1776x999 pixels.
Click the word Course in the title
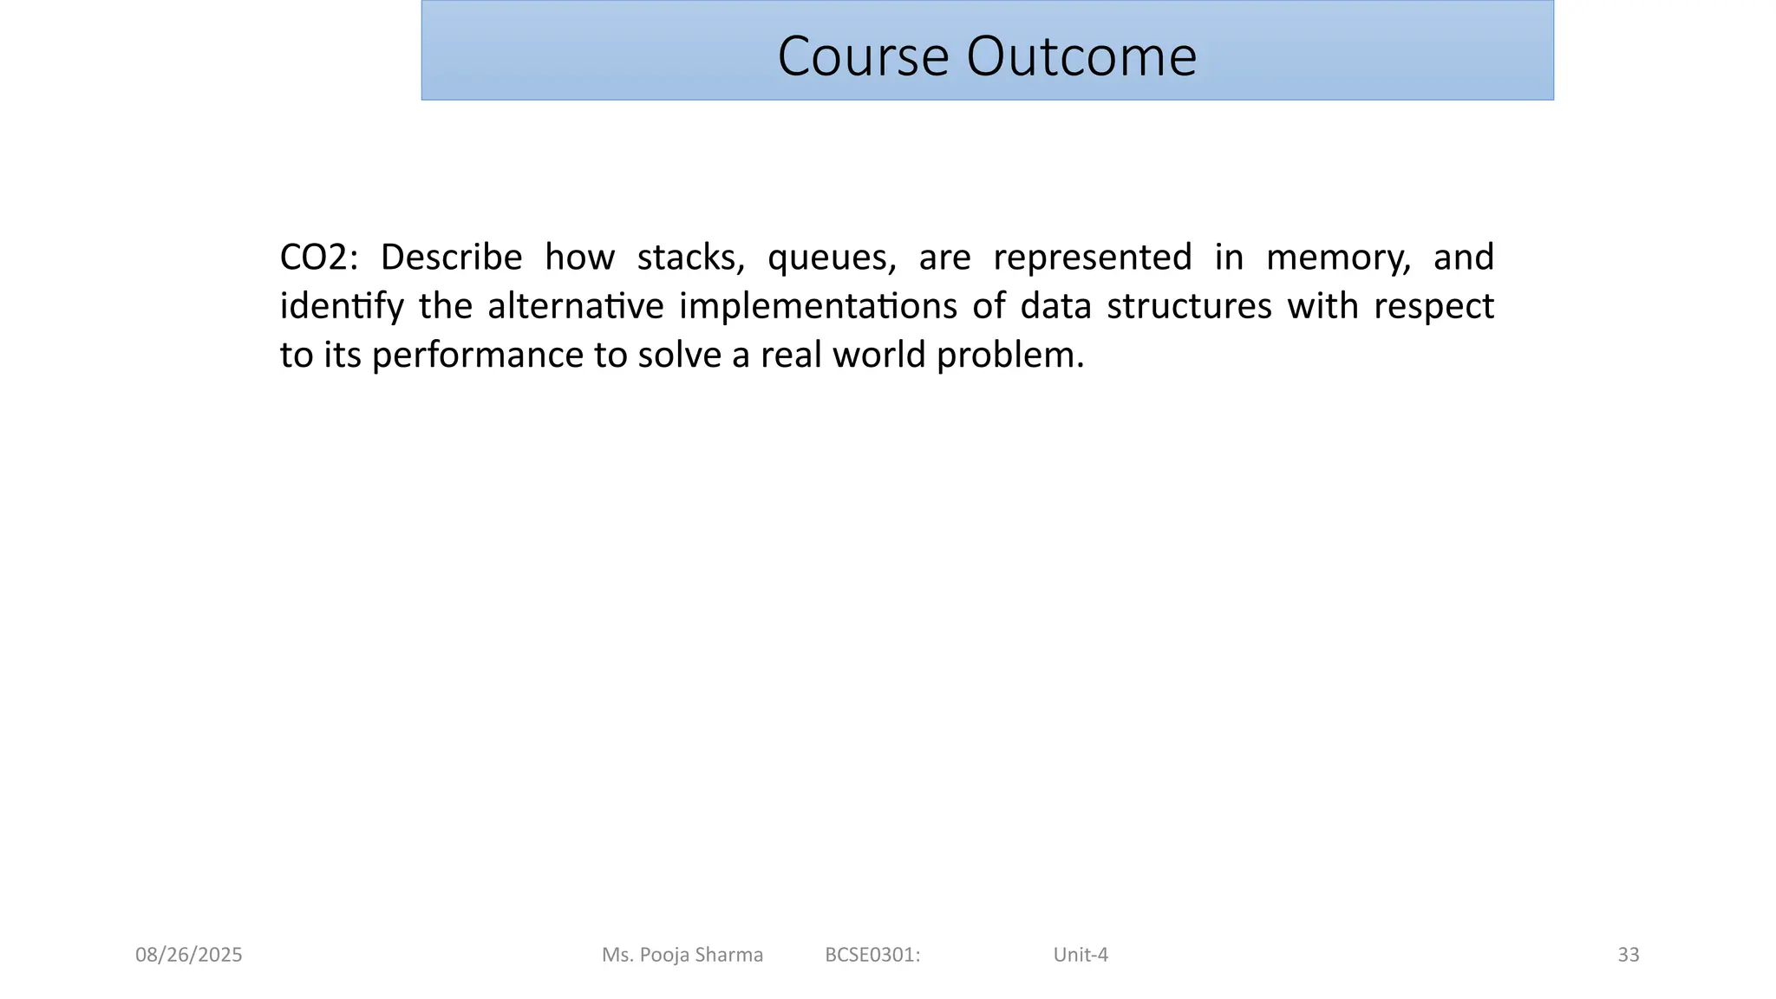click(863, 56)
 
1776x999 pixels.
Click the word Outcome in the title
click(1081, 56)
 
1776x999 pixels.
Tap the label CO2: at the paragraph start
click(318, 258)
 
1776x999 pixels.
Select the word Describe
click(451, 258)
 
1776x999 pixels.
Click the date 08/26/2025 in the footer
click(189, 955)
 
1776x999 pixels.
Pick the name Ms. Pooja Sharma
click(682, 955)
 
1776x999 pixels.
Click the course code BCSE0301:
click(872, 955)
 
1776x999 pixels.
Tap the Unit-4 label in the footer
click(1081, 955)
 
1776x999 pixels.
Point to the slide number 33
click(1629, 955)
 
